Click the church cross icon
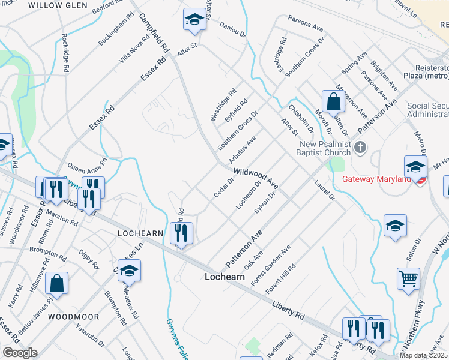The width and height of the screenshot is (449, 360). point(360,147)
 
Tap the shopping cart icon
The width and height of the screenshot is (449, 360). point(408,278)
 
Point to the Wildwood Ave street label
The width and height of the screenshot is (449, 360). point(256,176)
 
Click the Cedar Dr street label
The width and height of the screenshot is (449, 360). point(224,188)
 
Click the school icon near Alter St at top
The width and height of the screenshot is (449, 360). point(194,20)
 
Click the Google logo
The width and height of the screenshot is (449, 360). point(19,353)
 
